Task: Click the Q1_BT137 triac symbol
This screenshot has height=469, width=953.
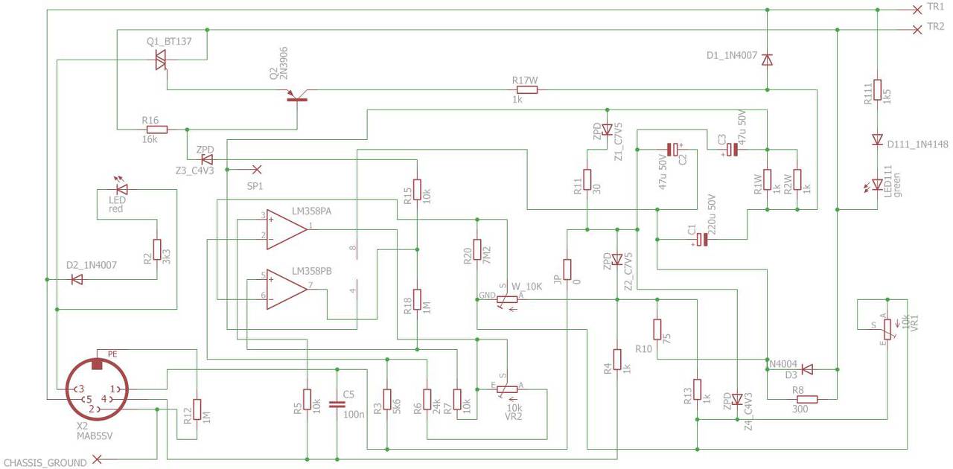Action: [x=160, y=60]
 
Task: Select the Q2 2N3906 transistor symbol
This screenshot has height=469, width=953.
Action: [x=297, y=97]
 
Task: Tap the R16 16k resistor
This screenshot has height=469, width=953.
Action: [x=157, y=130]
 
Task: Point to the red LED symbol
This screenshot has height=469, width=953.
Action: [x=122, y=189]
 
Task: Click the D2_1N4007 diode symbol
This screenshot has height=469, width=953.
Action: [x=77, y=280]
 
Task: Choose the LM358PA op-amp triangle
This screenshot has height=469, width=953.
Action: [x=287, y=229]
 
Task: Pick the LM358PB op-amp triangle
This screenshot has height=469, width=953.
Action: [x=287, y=290]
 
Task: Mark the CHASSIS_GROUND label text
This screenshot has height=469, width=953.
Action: [x=45, y=462]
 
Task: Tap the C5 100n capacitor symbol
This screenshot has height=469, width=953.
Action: [x=337, y=404]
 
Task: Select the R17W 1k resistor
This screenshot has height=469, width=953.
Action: [x=527, y=90]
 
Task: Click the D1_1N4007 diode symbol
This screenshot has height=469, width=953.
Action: [x=767, y=60]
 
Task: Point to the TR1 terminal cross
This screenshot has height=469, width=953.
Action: [x=917, y=10]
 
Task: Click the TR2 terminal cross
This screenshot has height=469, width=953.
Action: [x=917, y=30]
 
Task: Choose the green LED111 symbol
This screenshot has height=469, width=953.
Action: [x=877, y=185]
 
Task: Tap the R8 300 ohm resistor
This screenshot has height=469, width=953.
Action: [x=806, y=399]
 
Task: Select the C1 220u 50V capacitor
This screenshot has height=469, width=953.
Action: [x=702, y=240]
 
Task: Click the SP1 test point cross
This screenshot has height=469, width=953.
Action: [x=257, y=170]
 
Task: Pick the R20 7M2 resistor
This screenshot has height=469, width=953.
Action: [x=477, y=250]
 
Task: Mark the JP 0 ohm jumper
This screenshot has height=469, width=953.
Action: [x=567, y=269]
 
